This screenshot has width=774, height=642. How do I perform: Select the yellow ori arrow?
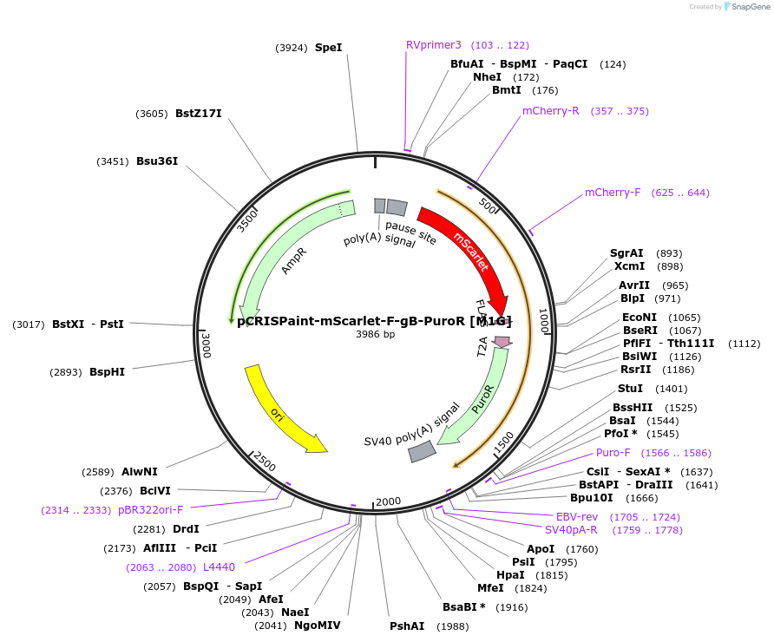click(281, 412)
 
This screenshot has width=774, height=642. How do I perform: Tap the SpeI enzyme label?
click(328, 48)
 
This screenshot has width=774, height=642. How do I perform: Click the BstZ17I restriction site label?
click(199, 114)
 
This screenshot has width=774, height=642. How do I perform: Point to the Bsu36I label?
click(157, 160)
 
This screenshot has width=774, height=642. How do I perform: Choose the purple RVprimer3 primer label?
click(434, 45)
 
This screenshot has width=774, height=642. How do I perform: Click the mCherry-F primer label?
click(613, 192)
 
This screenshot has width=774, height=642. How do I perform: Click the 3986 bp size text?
click(375, 334)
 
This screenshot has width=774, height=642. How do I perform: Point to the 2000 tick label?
click(388, 501)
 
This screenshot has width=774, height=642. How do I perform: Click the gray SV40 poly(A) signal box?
click(422, 451)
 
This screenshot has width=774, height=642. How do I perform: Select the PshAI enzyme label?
click(407, 626)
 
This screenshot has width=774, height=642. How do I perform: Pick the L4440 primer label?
click(219, 567)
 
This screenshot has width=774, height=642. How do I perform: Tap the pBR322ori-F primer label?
click(151, 509)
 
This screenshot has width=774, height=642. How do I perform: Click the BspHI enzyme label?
click(107, 372)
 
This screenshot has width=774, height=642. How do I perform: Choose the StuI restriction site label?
click(630, 389)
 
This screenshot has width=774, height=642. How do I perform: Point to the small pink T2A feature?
click(502, 343)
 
